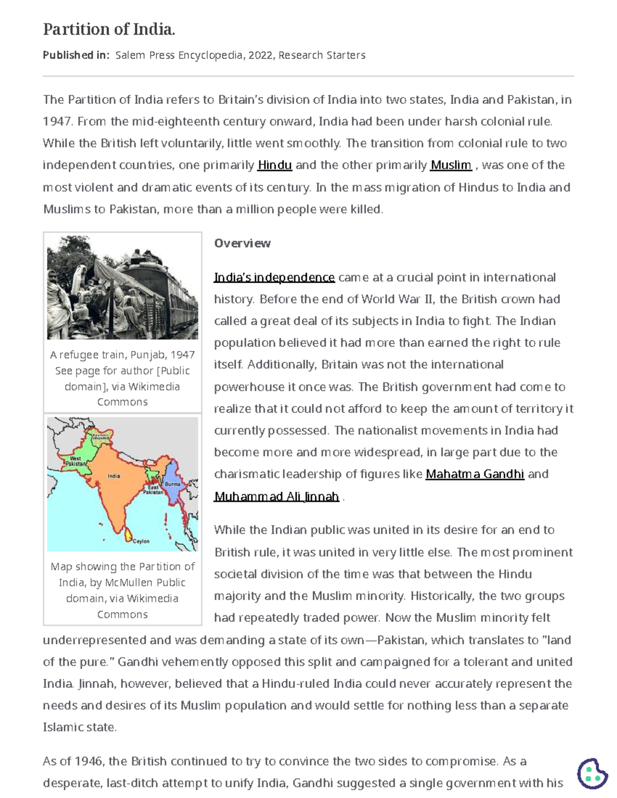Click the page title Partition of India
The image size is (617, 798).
pos(109,29)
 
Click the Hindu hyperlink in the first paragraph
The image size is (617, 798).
pos(275,165)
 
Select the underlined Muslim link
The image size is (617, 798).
pos(450,165)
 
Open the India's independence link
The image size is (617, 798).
pos(274,277)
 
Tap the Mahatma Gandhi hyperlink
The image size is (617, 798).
pos(475,474)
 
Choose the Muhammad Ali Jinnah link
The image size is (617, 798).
pos(277,496)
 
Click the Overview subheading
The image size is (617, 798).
pos(242,243)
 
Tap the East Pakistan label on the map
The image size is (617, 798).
pos(153,489)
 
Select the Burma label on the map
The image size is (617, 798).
pos(172,484)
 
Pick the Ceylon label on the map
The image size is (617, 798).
pos(141,541)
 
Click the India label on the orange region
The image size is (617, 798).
pos(114,476)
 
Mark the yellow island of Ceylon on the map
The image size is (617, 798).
pos(128,535)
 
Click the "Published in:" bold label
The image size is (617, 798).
pos(76,55)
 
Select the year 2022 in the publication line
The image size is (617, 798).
pos(260,55)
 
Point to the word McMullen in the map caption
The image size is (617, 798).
pos(130,582)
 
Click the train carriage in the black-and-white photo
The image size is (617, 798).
pos(170,298)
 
